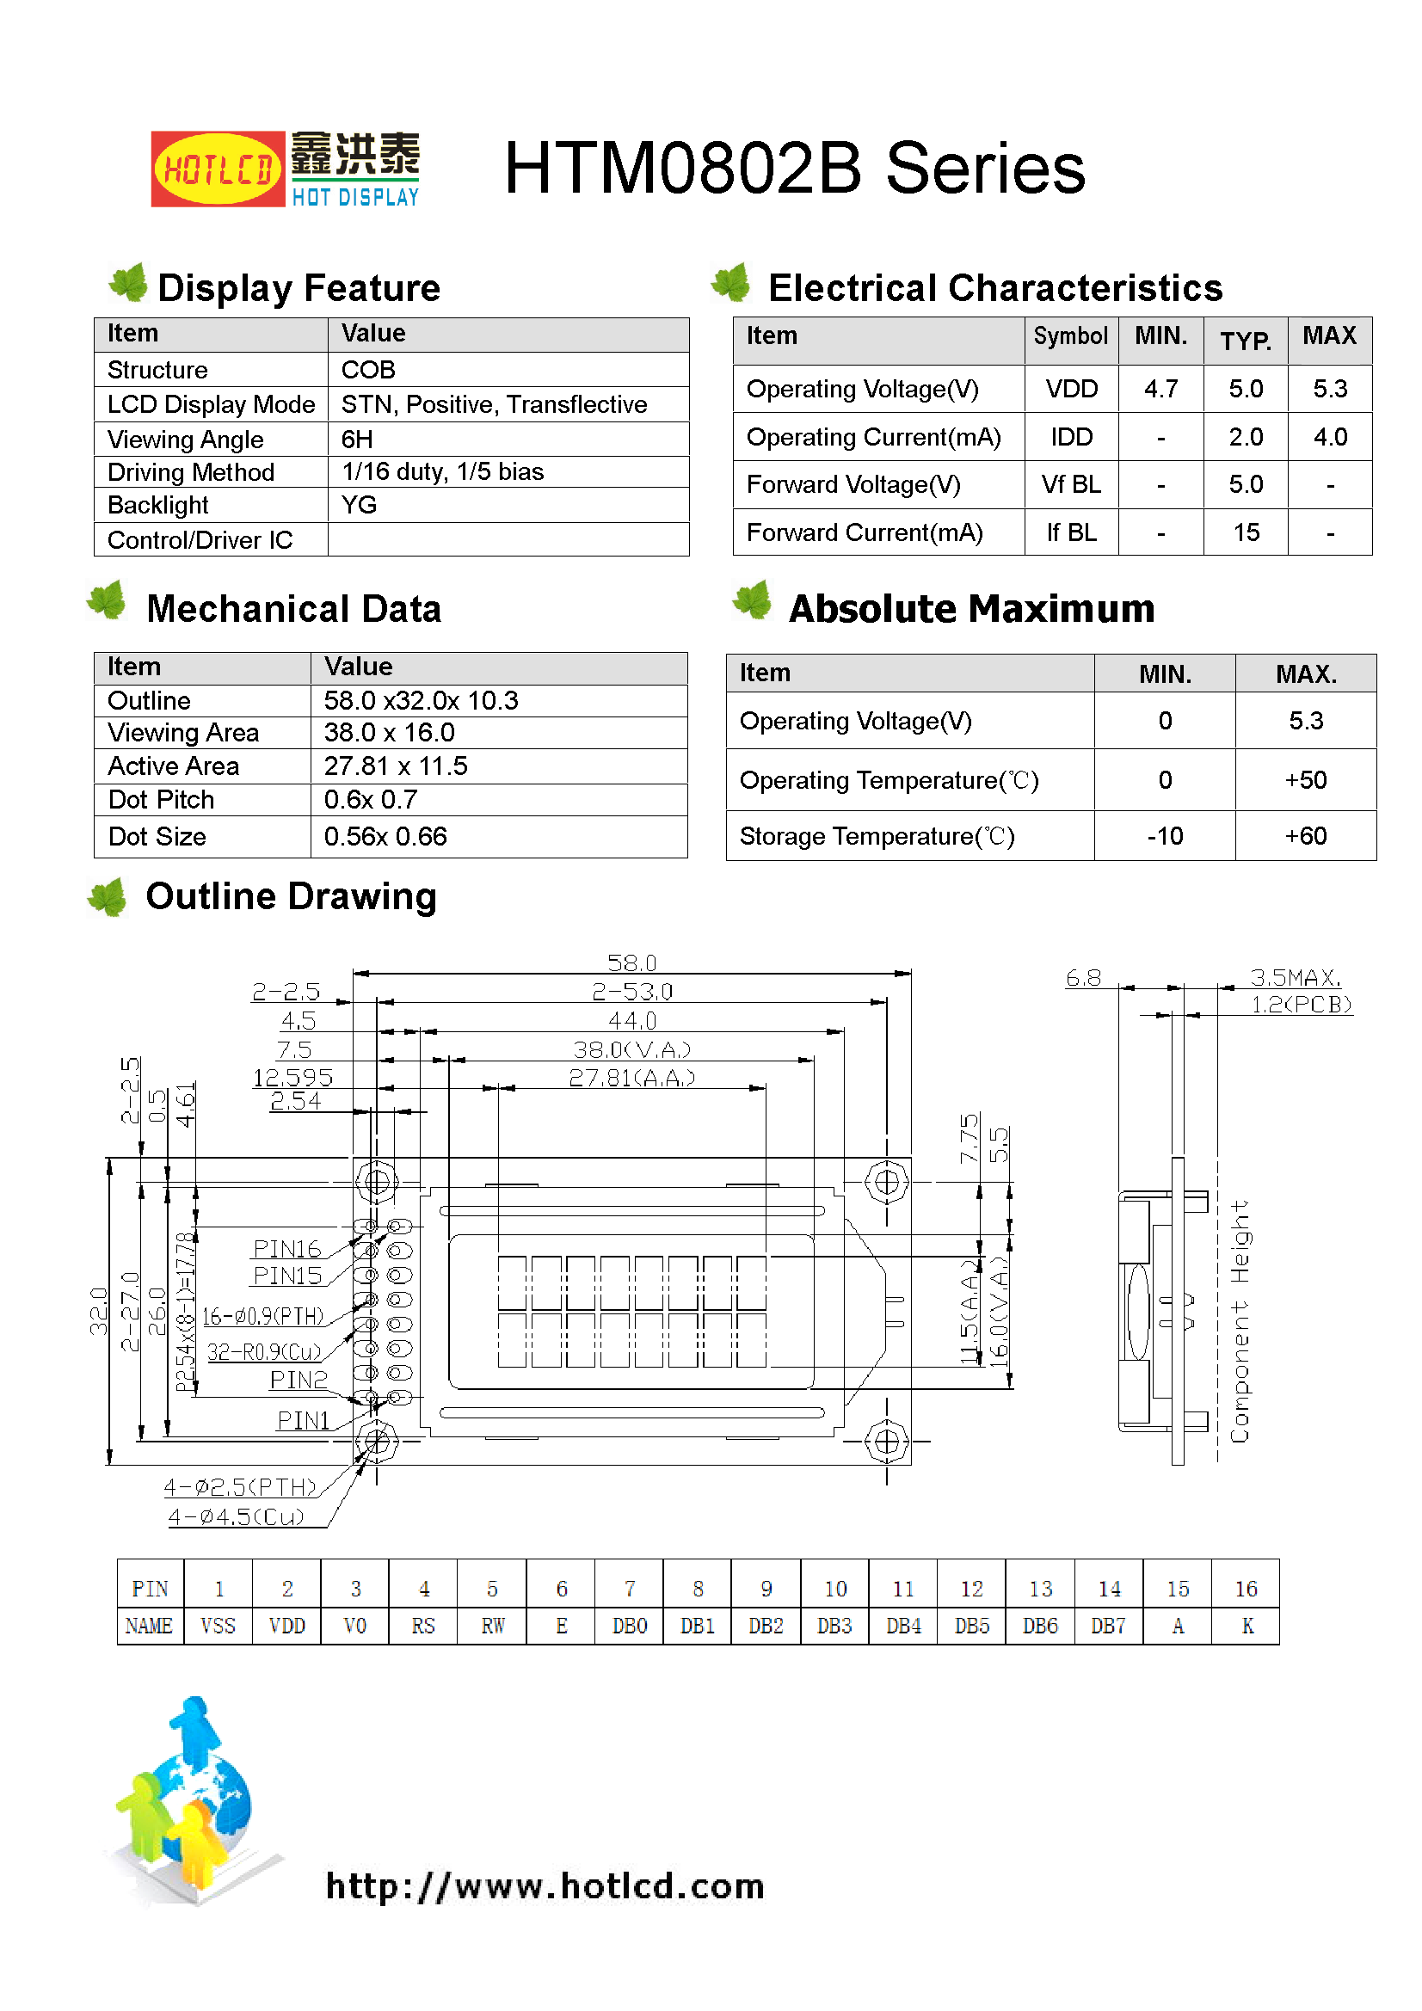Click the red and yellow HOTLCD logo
[x=218, y=169]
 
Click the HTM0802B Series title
[x=794, y=169]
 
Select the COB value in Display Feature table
[x=368, y=370]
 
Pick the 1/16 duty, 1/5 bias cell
[x=442, y=472]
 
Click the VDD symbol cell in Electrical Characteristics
[x=1071, y=389]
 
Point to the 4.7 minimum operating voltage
[x=1160, y=389]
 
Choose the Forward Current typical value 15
[x=1245, y=532]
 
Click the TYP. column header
[x=1245, y=340]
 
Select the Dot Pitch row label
[x=161, y=800]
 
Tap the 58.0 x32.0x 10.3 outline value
[x=421, y=701]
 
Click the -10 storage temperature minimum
[x=1165, y=836]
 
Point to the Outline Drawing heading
[x=291, y=896]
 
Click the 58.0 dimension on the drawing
[x=631, y=963]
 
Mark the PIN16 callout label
[x=286, y=1248]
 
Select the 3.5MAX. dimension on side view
[x=1295, y=977]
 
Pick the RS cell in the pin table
[x=423, y=1626]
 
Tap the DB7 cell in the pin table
[x=1108, y=1626]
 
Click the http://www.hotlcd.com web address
[x=545, y=1885]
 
